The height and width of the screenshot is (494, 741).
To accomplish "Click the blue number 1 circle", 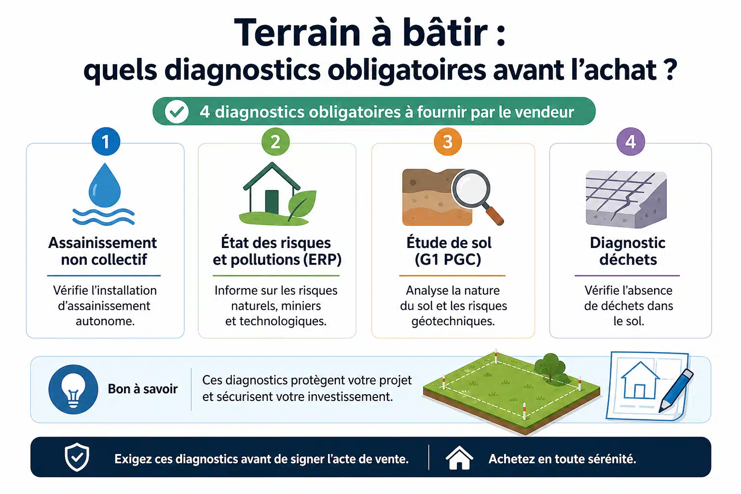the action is coord(106,141).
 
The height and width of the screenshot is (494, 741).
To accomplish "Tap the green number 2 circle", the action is coord(275,141).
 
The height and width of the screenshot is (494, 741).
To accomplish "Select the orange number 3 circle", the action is coord(448,141).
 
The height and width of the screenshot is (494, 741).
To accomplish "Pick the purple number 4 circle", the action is coord(631,141).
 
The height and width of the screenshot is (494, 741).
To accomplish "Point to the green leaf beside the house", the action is coord(302,204).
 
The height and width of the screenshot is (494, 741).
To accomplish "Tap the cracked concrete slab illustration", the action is coord(626,199).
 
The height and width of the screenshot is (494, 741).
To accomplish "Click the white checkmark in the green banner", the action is coord(177,111).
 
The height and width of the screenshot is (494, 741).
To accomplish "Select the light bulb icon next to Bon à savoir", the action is coord(73,389).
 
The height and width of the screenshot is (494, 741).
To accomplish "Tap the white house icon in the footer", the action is coord(459,458).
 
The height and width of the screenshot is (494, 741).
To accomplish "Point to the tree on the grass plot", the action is coord(551,367).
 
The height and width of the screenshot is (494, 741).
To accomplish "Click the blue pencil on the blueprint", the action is coord(676,390).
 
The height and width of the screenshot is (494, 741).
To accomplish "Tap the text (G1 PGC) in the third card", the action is coord(448,260).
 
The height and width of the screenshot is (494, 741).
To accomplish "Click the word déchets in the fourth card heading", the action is coord(628,260).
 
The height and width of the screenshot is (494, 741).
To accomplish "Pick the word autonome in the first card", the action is coord(105,321).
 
